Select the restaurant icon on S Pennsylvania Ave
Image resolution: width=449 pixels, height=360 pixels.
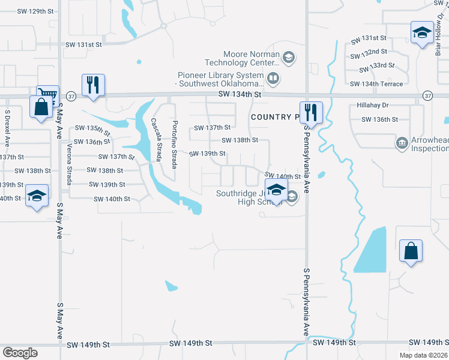[x=311, y=112]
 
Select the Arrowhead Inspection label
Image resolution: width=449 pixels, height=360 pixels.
[x=429, y=145]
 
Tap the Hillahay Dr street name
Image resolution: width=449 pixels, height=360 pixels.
[x=373, y=105]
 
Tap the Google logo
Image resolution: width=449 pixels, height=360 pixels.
[x=20, y=353]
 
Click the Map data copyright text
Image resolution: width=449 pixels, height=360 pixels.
[x=423, y=355]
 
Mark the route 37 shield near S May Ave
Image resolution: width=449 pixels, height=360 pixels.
[x=71, y=95]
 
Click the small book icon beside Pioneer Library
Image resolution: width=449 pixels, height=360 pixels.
[x=273, y=78]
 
